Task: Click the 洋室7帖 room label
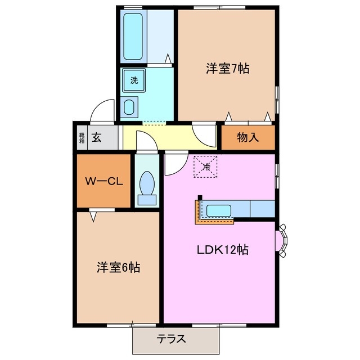pos(227,69)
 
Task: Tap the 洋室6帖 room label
pos(118,267)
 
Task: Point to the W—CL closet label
pos(105,181)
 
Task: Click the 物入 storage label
pos(247,137)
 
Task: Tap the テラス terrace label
pos(171,339)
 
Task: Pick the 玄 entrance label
pos(97,137)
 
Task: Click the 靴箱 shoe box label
pos(82,137)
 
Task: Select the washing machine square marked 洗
pos(134,80)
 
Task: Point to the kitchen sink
pos(219,211)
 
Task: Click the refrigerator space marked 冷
pos(206,166)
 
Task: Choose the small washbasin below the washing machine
pos(130,107)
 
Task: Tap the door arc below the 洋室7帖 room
pos(203,134)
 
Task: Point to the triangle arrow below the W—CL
pos(93,214)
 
